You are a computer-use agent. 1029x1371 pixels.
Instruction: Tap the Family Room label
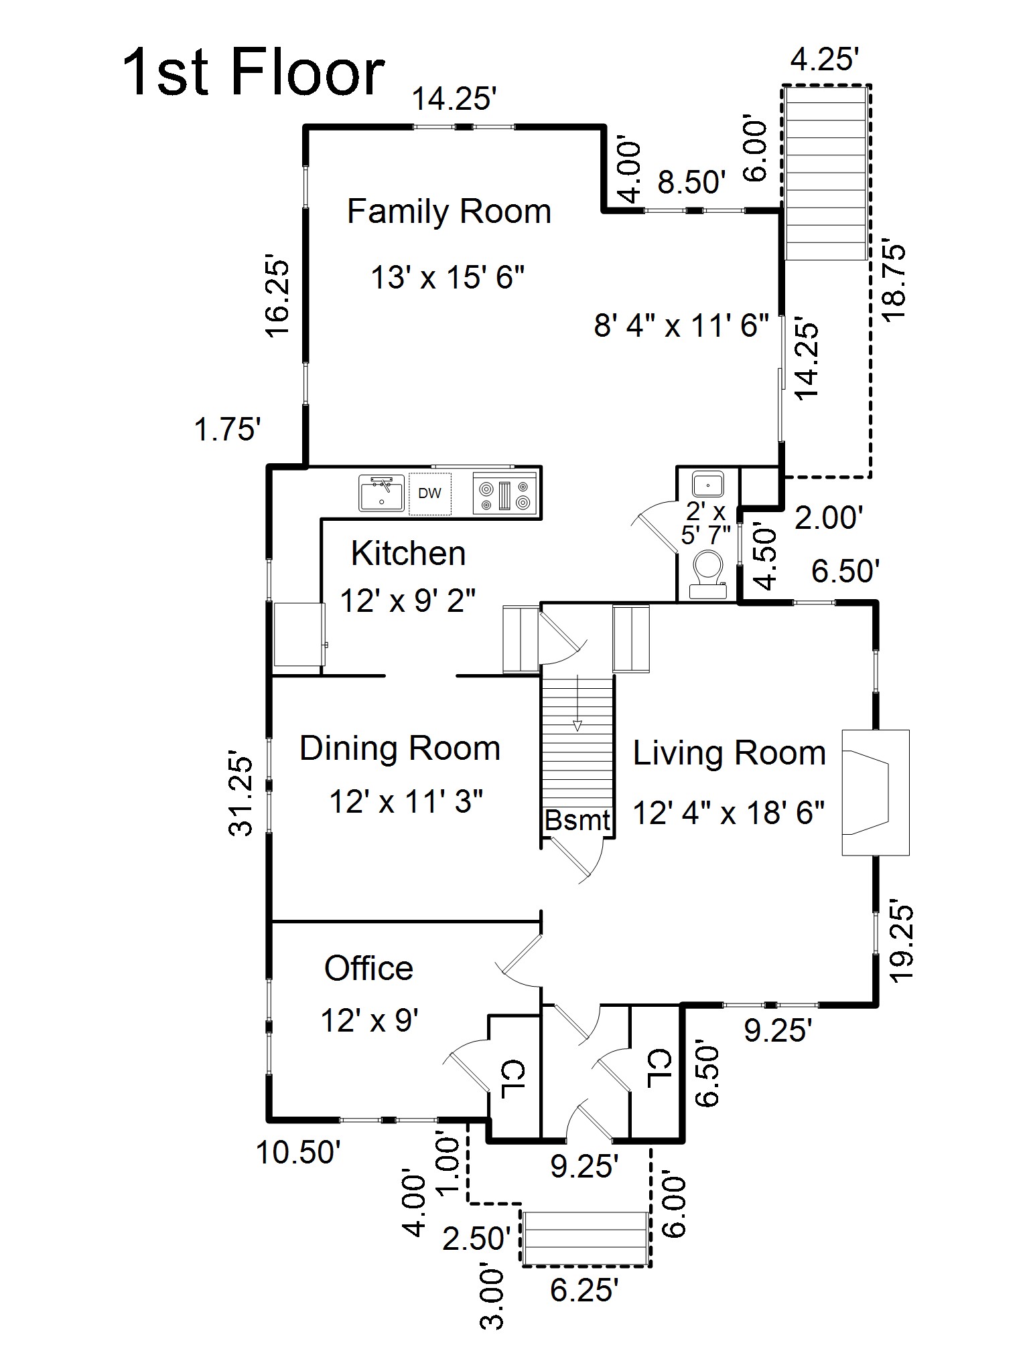449,212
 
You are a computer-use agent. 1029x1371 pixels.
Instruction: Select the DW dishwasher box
429,493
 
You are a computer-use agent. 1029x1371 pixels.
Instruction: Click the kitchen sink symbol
381,493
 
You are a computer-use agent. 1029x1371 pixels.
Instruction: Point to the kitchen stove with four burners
504,493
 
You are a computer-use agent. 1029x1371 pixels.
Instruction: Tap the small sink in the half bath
707,483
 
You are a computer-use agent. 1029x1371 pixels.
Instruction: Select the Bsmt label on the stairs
577,820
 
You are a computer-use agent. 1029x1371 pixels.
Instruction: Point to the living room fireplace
874,793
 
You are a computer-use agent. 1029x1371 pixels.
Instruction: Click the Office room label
368,968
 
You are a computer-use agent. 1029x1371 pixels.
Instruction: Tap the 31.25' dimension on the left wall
242,796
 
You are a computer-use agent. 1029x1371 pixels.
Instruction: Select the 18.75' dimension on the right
894,283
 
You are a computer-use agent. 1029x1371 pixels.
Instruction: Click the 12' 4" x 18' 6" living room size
729,813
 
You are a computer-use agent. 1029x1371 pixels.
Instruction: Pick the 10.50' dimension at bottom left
299,1153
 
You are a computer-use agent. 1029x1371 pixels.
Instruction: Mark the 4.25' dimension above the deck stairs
825,60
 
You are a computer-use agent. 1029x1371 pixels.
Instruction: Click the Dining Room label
400,748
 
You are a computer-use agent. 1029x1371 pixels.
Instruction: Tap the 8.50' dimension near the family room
691,182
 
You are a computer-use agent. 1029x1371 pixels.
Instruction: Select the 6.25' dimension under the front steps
584,1290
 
